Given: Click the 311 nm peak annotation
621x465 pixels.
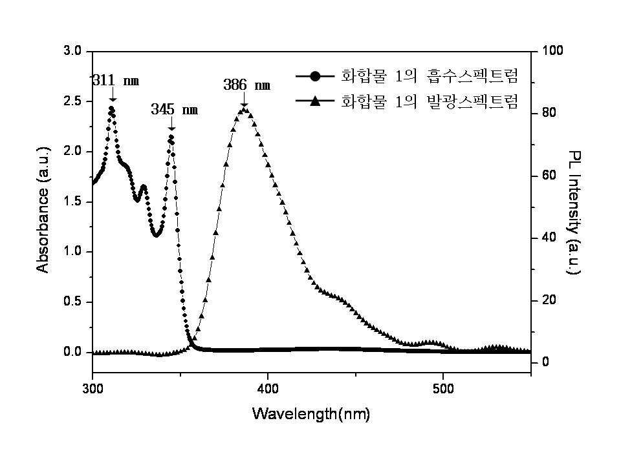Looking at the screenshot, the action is click(116, 81).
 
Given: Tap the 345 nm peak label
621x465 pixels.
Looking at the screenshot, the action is click(174, 109).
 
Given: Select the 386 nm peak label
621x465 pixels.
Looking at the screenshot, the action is click(246, 85).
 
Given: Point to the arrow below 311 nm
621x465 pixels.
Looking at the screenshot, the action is click(113, 94).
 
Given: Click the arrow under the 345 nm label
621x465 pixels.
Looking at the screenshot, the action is click(171, 123).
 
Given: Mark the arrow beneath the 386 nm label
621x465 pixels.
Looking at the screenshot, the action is click(244, 99).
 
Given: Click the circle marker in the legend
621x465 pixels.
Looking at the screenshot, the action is click(315, 76).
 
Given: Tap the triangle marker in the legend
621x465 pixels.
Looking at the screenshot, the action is click(315, 101).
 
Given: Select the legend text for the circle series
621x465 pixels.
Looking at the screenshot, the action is click(430, 76).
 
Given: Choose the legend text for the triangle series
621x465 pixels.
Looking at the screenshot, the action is click(430, 101).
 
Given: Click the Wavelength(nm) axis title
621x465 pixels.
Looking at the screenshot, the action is click(311, 414).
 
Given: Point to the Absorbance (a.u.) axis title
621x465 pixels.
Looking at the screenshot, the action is click(43, 209).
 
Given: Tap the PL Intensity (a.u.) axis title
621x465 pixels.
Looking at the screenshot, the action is click(574, 212).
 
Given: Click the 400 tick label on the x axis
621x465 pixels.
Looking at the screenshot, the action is click(268, 389).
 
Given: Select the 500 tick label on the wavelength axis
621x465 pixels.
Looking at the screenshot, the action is click(443, 389).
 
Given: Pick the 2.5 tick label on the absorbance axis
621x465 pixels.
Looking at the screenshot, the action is click(72, 101).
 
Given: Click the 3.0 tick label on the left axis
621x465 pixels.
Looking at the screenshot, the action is click(72, 51).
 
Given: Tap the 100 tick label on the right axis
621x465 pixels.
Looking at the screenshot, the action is click(552, 50).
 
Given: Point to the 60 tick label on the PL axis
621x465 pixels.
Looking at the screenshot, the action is click(549, 176).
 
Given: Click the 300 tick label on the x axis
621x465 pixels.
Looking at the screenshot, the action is click(93, 389).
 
